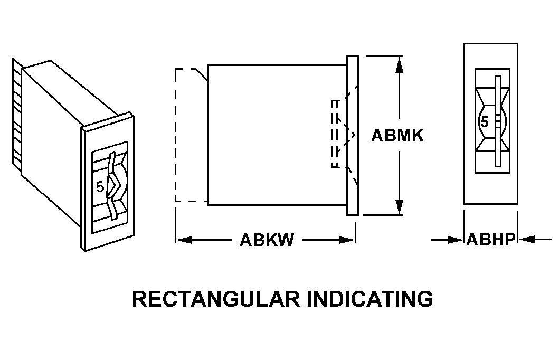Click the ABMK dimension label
pyautogui.click(x=397, y=136)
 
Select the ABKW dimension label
pyautogui.click(x=267, y=240)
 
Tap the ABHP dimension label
pyautogui.click(x=491, y=240)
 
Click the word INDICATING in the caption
pyautogui.click(x=370, y=299)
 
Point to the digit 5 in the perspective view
pyautogui.click(x=100, y=186)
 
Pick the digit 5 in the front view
pyautogui.click(x=484, y=122)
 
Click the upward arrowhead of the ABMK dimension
pyautogui.click(x=399, y=64)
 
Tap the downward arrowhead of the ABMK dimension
pyautogui.click(x=399, y=206)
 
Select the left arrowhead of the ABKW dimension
pyautogui.click(x=184, y=240)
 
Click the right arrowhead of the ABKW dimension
pyautogui.click(x=347, y=240)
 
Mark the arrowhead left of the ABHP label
pyautogui.click(x=456, y=240)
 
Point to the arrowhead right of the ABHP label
pyautogui.click(x=526, y=240)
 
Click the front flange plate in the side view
pyautogui.click(x=353, y=136)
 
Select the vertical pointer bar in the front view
pyautogui.click(x=498, y=121)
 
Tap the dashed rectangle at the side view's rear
pyautogui.click(x=192, y=135)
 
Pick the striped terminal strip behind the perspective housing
pyautogui.click(x=17, y=113)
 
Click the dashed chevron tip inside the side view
pyautogui.click(x=354, y=135)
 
